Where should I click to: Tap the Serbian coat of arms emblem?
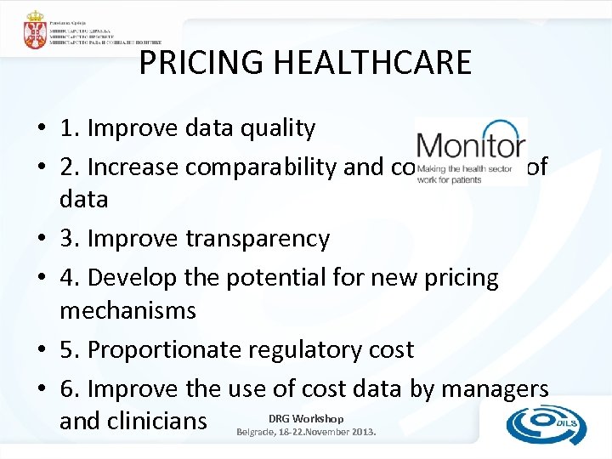pyautogui.click(x=36, y=31)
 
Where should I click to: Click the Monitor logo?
pyautogui.click(x=470, y=151)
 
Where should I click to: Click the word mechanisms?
pyautogui.click(x=127, y=310)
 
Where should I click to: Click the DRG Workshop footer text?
pyautogui.click(x=305, y=418)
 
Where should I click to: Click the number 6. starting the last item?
pyautogui.click(x=70, y=388)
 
